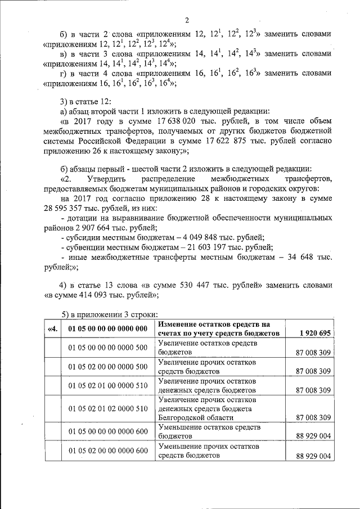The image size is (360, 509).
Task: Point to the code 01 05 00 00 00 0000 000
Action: pos(107,328)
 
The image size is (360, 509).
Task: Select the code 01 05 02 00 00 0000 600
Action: pos(107,451)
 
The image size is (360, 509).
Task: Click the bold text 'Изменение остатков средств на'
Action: pos(214,325)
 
